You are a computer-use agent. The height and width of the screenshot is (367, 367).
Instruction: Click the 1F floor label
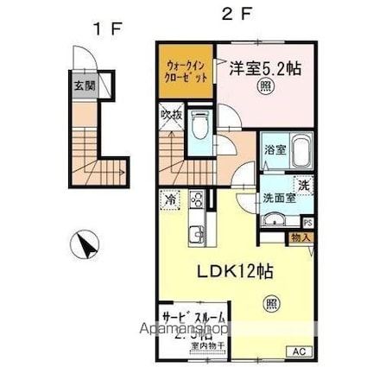[x=108, y=28]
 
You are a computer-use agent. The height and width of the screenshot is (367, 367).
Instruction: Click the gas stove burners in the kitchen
[x=196, y=200]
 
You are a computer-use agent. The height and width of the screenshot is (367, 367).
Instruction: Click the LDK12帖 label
[x=234, y=271]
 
